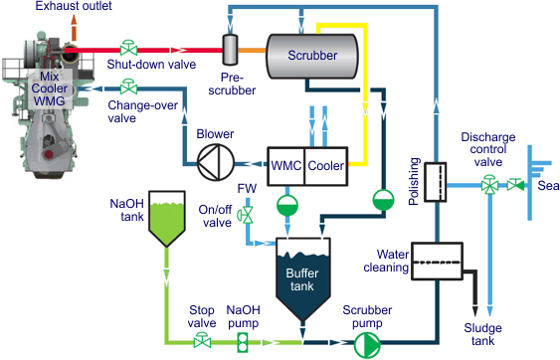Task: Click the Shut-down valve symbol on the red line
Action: [128, 47]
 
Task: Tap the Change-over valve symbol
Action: [128, 89]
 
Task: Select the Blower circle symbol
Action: [214, 163]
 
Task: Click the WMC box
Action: [284, 164]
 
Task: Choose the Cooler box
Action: [324, 164]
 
